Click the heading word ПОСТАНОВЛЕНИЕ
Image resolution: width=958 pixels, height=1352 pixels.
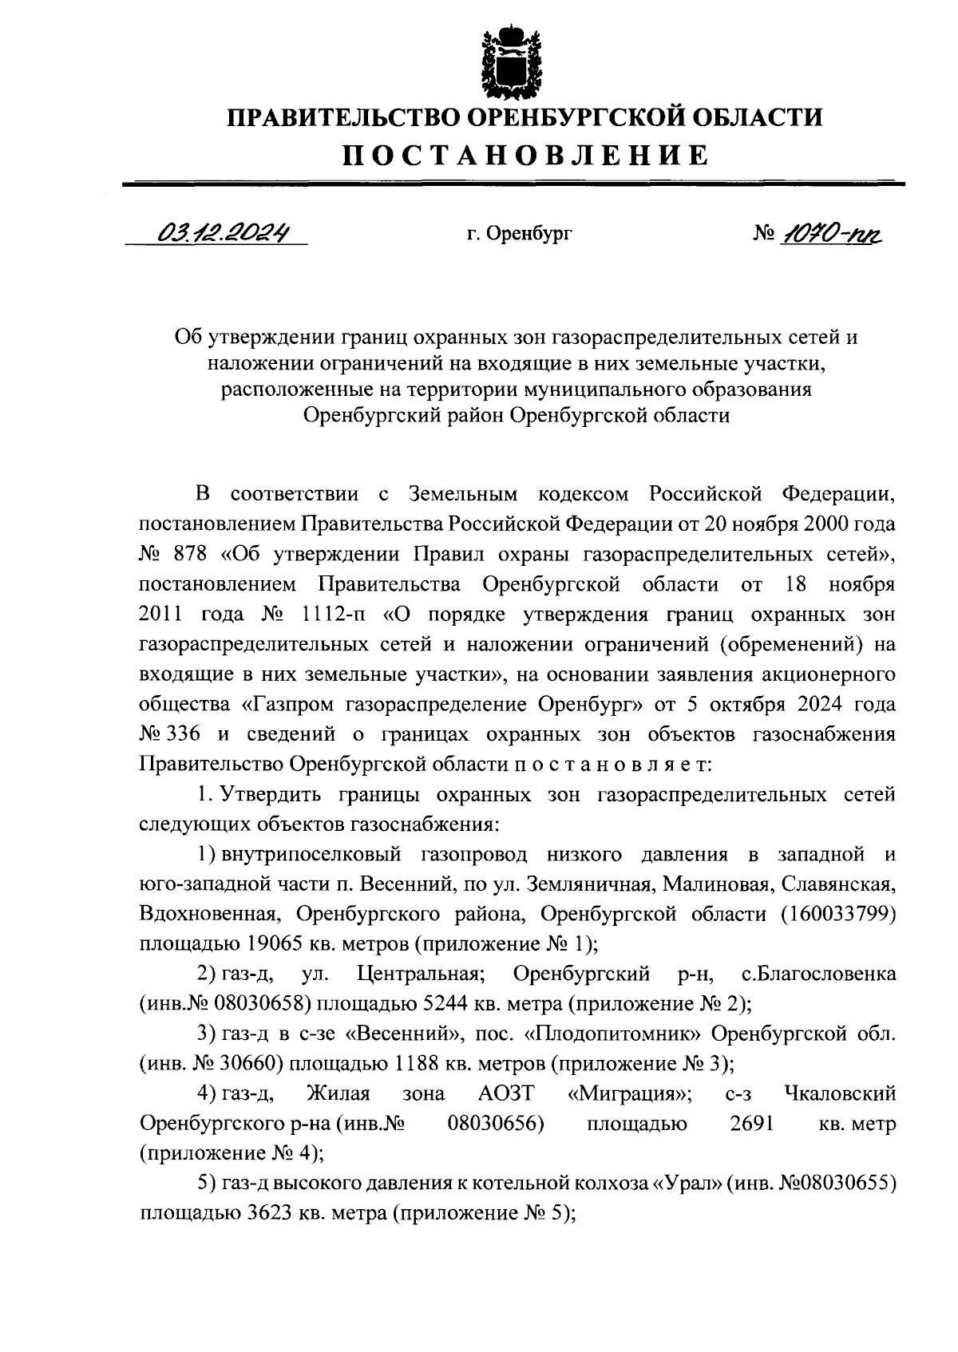(525, 154)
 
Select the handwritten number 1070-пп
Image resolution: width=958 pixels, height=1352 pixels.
(833, 233)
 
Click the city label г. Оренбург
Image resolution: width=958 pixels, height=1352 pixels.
(520, 234)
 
